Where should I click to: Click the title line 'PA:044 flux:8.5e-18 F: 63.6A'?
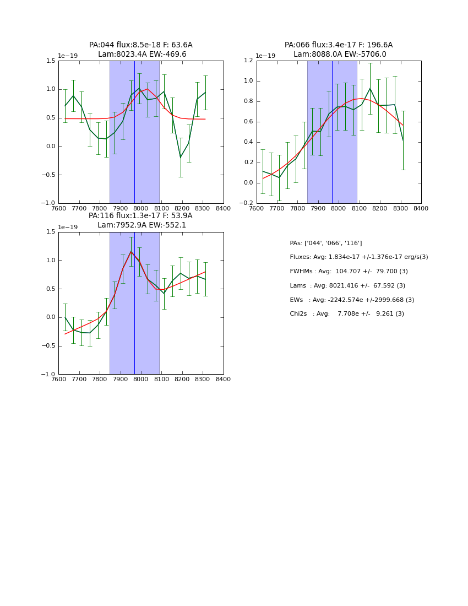pyautogui.click(x=140, y=45)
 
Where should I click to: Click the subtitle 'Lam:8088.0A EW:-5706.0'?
pyautogui.click(x=339, y=55)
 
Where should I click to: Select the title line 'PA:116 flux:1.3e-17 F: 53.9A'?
pyautogui.click(x=140, y=216)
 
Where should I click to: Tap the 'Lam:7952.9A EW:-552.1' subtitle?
pyautogui.click(x=142, y=225)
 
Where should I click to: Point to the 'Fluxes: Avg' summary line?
pyautogui.click(x=358, y=257)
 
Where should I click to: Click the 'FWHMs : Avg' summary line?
pyautogui.click(x=349, y=272)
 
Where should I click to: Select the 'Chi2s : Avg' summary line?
pyautogui.click(x=346, y=314)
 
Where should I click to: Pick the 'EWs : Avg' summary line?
pyautogui.click(x=352, y=300)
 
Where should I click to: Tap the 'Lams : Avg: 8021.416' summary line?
pyautogui.click(x=347, y=286)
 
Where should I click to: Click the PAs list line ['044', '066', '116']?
pyautogui.click(x=325, y=243)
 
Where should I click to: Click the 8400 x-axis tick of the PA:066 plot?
pyautogui.click(x=421, y=209)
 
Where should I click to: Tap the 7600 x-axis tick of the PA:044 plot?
pyautogui.click(x=59, y=209)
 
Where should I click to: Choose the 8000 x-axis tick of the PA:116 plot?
pyautogui.click(x=141, y=380)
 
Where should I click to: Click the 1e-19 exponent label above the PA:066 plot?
pyautogui.click(x=265, y=56)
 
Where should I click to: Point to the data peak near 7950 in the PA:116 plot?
pyautogui.click(x=131, y=251)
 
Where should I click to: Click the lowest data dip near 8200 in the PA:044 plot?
pyautogui.click(x=180, y=158)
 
